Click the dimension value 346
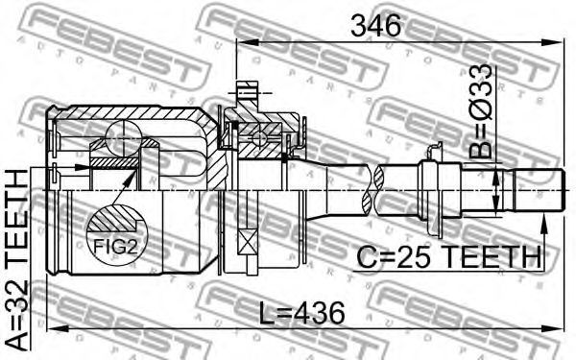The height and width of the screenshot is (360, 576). [375, 26]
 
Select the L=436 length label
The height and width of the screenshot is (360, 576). [302, 313]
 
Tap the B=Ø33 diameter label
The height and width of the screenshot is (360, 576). [481, 111]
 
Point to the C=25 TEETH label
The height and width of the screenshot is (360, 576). [449, 256]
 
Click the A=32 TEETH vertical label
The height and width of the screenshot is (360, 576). [17, 260]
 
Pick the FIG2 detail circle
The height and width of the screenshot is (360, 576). [117, 235]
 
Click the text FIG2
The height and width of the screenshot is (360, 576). [115, 247]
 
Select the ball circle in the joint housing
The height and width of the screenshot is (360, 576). [124, 139]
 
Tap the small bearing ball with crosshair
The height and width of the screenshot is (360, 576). [259, 138]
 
